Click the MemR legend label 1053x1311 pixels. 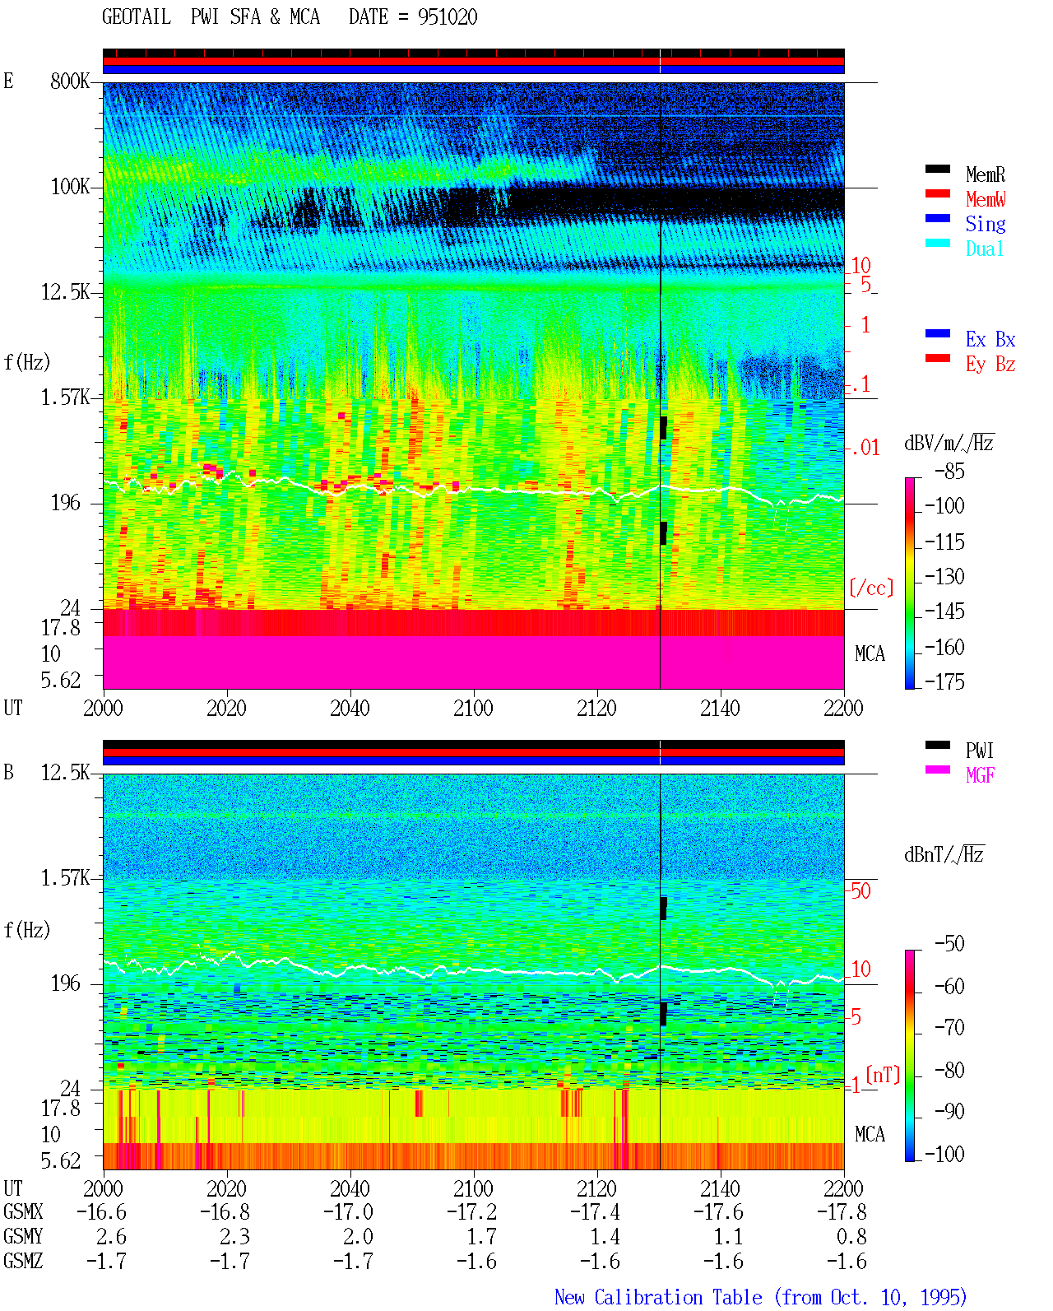tap(985, 174)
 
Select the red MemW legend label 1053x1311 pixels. tap(985, 199)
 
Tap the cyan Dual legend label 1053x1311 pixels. tap(984, 249)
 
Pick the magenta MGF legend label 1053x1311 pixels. tap(980, 775)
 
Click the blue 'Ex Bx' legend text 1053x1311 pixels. tap(990, 339)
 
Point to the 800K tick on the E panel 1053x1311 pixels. tap(69, 81)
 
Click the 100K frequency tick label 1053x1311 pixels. tap(69, 187)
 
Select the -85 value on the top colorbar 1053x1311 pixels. tap(949, 471)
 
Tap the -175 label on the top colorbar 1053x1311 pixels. tap(944, 681)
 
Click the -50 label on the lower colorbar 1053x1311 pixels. tap(949, 943)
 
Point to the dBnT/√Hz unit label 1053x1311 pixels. tap(944, 855)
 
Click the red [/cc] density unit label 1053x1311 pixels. tap(871, 588)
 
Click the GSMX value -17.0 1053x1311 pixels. tap(348, 1211)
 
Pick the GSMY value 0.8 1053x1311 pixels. tap(851, 1236)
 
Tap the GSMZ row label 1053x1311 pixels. tap(23, 1261)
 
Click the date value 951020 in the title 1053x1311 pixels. tap(447, 17)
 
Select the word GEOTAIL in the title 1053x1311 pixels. tap(136, 17)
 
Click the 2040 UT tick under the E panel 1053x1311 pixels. tap(350, 708)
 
